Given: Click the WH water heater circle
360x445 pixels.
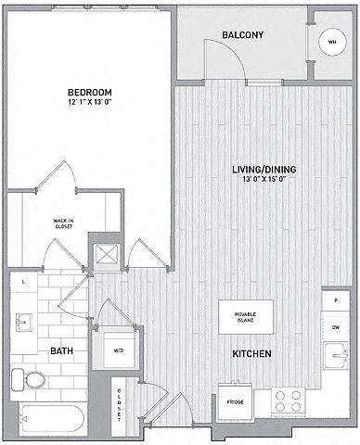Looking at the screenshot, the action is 332,42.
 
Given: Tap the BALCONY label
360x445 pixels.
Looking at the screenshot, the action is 243,34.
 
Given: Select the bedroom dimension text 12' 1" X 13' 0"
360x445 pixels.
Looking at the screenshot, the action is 89,102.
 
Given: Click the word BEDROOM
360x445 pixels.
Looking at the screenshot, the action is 90,92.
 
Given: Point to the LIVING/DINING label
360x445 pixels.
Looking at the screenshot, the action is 264,170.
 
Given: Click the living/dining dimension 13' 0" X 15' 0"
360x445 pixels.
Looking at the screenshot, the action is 264,179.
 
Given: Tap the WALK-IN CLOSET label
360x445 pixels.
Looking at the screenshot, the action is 63,223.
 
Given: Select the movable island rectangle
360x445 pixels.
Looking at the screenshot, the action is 246,317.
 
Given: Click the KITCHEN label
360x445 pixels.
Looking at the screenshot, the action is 251,353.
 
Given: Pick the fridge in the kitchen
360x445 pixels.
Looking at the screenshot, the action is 236,402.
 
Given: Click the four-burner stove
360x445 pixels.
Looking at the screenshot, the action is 288,400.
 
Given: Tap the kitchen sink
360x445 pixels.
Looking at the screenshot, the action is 336,355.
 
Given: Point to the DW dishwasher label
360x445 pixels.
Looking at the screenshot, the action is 336,327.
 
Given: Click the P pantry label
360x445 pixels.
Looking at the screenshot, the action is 336,300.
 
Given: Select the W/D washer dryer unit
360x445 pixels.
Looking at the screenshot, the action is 119,350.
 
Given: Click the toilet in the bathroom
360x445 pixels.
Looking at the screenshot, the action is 28,380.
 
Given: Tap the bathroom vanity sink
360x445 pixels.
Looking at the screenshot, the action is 23,323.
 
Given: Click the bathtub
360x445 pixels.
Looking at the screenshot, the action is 52,419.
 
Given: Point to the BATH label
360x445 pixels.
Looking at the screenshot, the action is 61,351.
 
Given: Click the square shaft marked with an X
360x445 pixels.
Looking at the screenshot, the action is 107,254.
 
